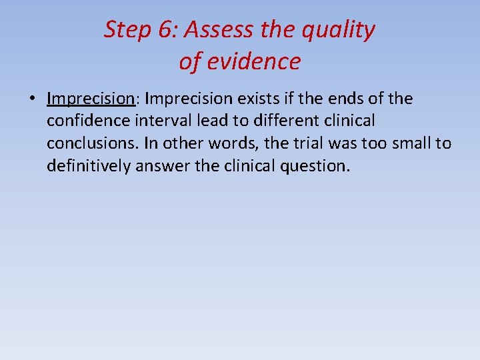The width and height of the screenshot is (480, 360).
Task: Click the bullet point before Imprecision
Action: click(x=32, y=99)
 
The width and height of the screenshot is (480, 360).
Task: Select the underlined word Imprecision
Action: click(x=91, y=99)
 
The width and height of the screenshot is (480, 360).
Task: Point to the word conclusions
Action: click(x=91, y=143)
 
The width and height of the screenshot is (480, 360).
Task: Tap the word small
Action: click(x=408, y=143)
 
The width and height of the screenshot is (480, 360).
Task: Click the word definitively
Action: click(x=89, y=165)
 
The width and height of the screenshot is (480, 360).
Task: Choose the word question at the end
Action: click(x=315, y=165)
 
